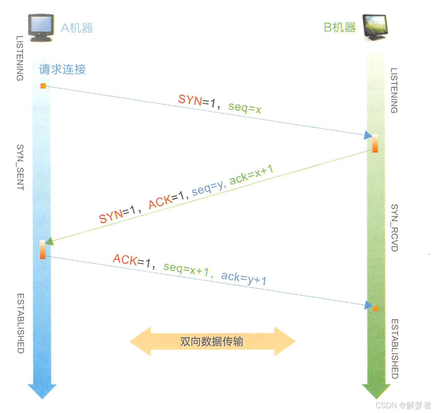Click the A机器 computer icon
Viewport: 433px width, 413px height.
pos(41,27)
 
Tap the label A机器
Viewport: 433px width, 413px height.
pos(77,28)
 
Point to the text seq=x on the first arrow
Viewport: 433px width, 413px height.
pos(245,108)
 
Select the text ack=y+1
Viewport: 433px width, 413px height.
pos(244,278)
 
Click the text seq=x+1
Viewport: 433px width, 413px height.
pos(188,269)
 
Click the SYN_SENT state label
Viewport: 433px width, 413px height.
pos(20,167)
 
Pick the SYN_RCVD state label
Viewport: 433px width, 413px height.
pos(395,227)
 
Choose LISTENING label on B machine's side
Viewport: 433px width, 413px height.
pos(395,91)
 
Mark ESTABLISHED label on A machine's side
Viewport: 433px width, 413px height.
pos(20,323)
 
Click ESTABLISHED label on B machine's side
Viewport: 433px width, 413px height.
pos(395,349)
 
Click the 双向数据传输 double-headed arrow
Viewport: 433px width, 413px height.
pos(212,341)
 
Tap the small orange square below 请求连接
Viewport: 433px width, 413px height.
pos(43,86)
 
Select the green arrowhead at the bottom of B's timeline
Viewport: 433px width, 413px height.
pos(375,390)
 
